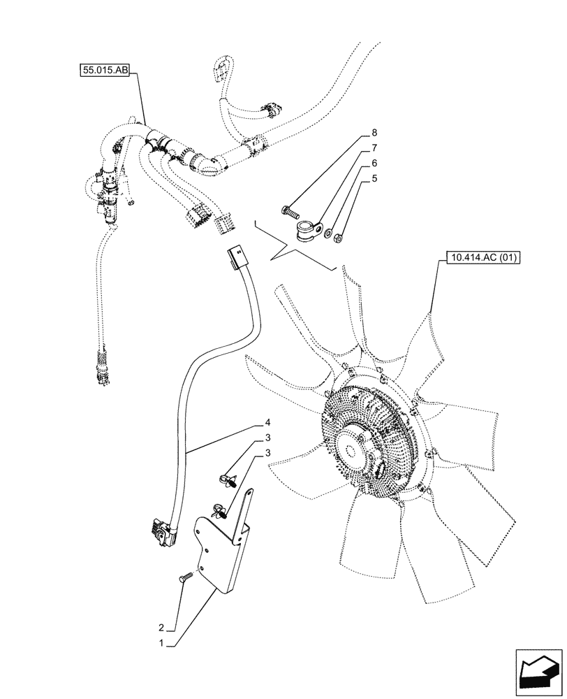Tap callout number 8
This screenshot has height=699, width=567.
pyautogui.click(x=375, y=132)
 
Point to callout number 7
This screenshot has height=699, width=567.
pyautogui.click(x=375, y=148)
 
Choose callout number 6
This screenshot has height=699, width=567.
pyautogui.click(x=375, y=163)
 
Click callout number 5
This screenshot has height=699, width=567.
pyautogui.click(x=375, y=178)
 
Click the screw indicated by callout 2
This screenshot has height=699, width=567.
pyautogui.click(x=186, y=577)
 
